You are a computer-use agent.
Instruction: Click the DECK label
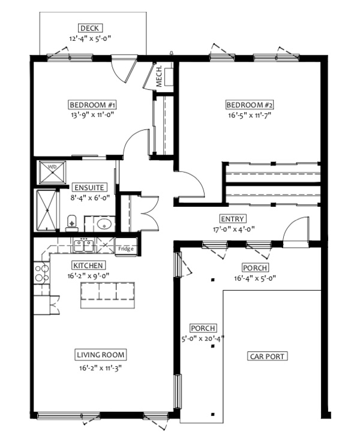[90, 28]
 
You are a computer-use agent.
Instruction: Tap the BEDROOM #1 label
[92, 105]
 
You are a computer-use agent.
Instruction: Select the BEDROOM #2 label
[250, 105]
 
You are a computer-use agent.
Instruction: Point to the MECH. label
[158, 76]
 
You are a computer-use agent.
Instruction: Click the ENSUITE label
[89, 188]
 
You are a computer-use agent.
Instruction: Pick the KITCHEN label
[88, 266]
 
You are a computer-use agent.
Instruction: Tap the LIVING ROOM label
[101, 355]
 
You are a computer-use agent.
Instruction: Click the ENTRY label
[232, 219]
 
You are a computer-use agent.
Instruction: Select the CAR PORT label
[268, 357]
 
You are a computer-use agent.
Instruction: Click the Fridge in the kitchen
[126, 247]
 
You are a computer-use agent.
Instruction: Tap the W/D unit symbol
[53, 172]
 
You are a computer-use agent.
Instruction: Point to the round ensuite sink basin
[104, 224]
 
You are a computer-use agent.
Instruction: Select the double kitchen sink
[83, 245]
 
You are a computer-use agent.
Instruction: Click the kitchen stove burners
[41, 273]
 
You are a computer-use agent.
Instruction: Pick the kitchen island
[108, 295]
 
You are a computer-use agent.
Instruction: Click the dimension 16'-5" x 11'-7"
[250, 115]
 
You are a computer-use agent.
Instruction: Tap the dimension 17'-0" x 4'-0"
[233, 229]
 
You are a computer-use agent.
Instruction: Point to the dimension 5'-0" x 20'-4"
[203, 339]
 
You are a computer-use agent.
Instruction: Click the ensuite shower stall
[47, 210]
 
